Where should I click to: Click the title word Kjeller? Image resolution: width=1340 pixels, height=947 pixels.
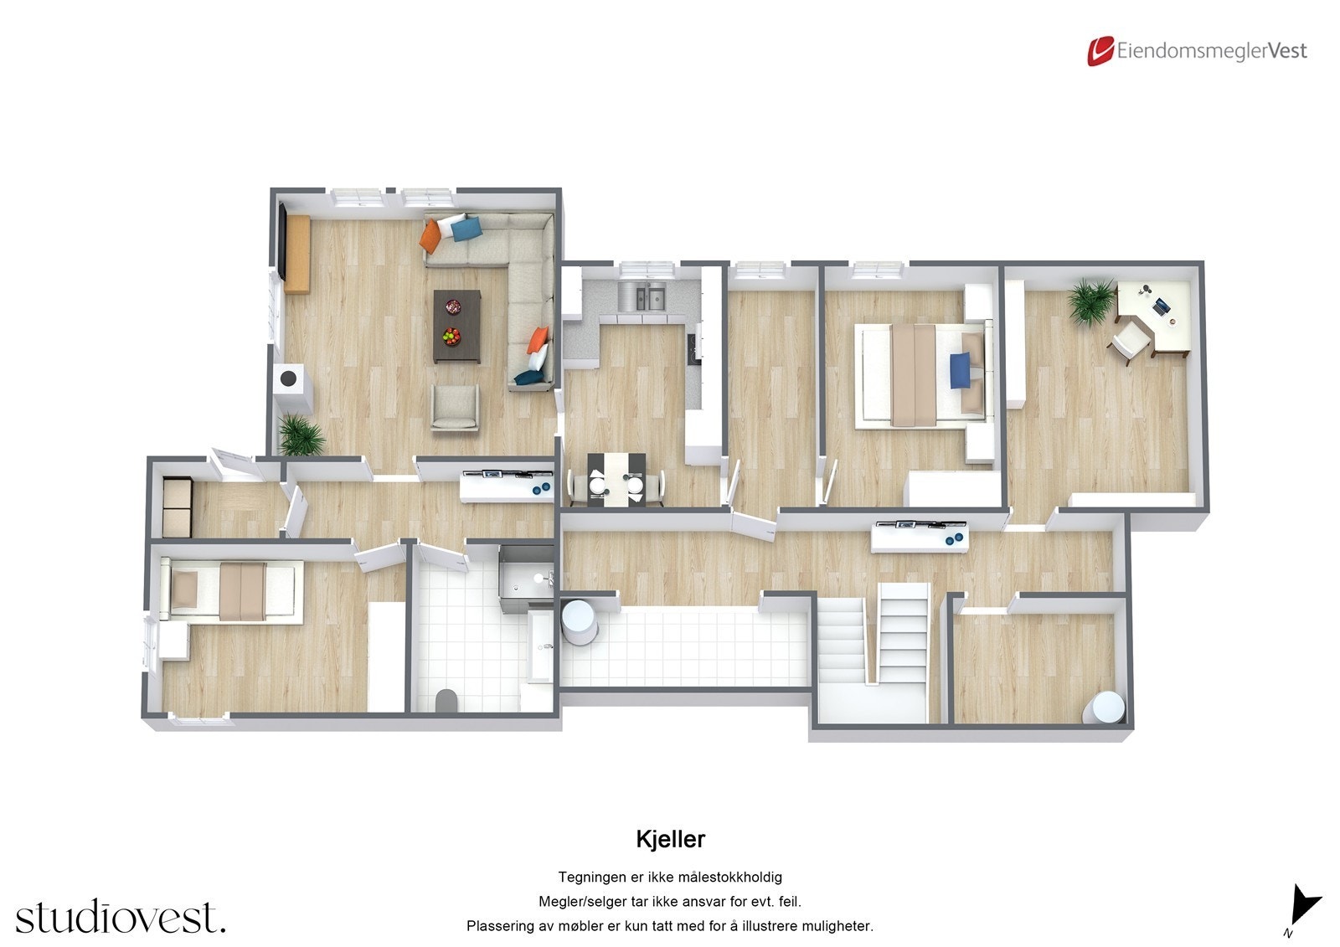[x=670, y=838]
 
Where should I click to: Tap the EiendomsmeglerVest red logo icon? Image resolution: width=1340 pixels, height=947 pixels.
[x=1100, y=51]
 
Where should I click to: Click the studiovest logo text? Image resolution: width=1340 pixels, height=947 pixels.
[x=120, y=917]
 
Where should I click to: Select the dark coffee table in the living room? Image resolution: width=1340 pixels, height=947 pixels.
[x=457, y=326]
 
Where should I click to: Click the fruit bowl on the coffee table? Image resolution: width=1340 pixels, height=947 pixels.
[x=452, y=337]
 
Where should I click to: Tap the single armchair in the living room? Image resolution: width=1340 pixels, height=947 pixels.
[x=455, y=407]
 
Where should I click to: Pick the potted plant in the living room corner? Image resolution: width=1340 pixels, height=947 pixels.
[x=300, y=434]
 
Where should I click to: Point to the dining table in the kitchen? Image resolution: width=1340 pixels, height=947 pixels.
[x=616, y=479]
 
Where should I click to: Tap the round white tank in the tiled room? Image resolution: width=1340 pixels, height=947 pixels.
[x=578, y=621]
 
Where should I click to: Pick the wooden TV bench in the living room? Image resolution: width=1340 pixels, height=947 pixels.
[x=297, y=254]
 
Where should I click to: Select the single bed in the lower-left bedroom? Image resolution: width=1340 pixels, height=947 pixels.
[x=232, y=591]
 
